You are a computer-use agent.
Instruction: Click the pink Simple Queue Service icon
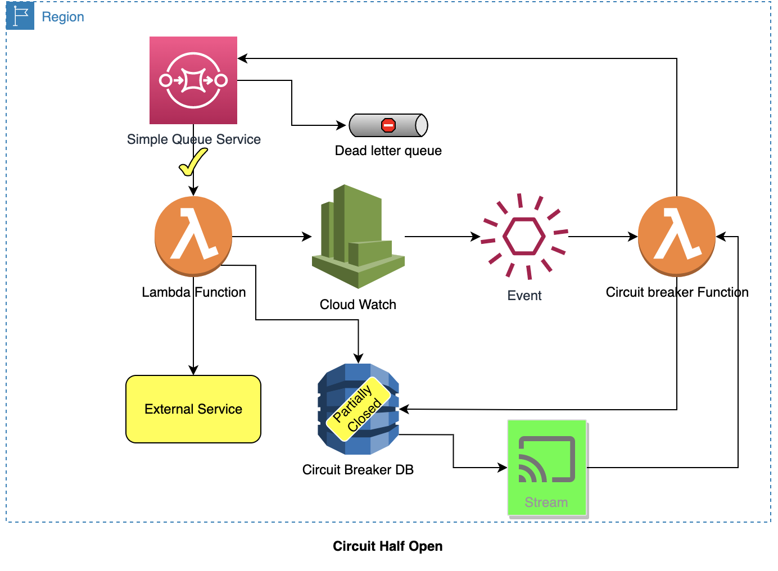193,80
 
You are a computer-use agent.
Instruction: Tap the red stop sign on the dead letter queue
388,125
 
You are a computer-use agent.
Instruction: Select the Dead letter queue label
388,151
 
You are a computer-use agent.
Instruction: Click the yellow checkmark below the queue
192,162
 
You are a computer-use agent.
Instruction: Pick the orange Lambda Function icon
193,236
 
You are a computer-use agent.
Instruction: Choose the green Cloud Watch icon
358,236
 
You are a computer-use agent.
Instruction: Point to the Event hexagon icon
524,237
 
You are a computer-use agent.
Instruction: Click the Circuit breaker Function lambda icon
677,236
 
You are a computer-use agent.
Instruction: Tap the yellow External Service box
193,409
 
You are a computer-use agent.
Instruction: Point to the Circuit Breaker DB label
358,470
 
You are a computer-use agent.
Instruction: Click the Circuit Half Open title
387,546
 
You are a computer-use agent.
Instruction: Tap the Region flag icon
21,16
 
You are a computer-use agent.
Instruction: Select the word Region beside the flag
63,17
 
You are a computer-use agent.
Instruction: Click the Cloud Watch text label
358,305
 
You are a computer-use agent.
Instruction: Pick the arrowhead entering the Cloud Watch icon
307,237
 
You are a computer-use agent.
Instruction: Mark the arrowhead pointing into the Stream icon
503,468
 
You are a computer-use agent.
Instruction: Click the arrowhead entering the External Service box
193,370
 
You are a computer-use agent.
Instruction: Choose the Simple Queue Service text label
193,139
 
